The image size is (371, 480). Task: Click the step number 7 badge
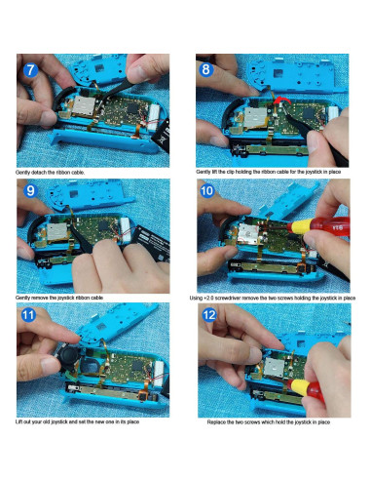point(32,70)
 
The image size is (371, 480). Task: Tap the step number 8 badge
point(206,70)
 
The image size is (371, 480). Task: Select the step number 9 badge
point(32,192)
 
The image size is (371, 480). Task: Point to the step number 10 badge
point(206,192)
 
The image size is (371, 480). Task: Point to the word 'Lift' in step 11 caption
point(20,421)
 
